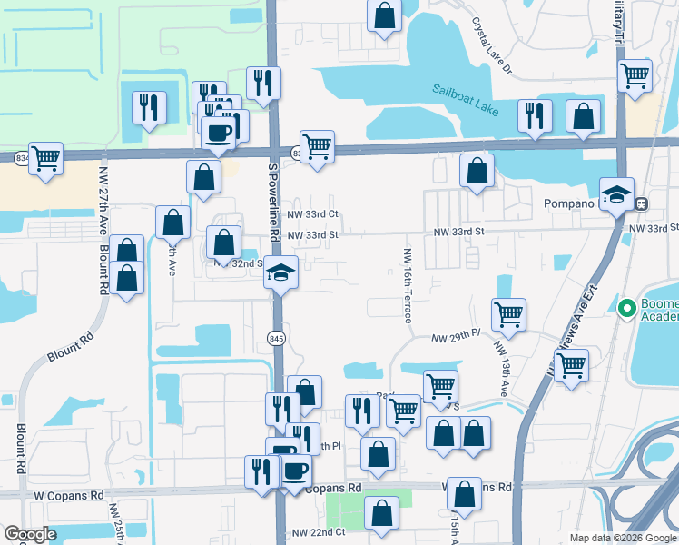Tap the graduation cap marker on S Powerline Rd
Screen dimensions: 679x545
tap(281, 273)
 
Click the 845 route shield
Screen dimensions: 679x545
tap(276, 339)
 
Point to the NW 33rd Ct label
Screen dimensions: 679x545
tap(312, 214)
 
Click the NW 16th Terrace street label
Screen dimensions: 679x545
tap(408, 285)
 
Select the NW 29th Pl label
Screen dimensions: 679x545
tap(455, 335)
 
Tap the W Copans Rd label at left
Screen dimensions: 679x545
tap(69, 496)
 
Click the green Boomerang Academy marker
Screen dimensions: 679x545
tap(625, 309)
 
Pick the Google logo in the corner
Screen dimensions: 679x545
tap(30, 534)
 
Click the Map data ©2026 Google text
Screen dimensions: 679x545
tap(622, 538)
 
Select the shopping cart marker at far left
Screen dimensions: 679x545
tap(45, 158)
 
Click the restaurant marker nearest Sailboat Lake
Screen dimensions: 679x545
tap(535, 117)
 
